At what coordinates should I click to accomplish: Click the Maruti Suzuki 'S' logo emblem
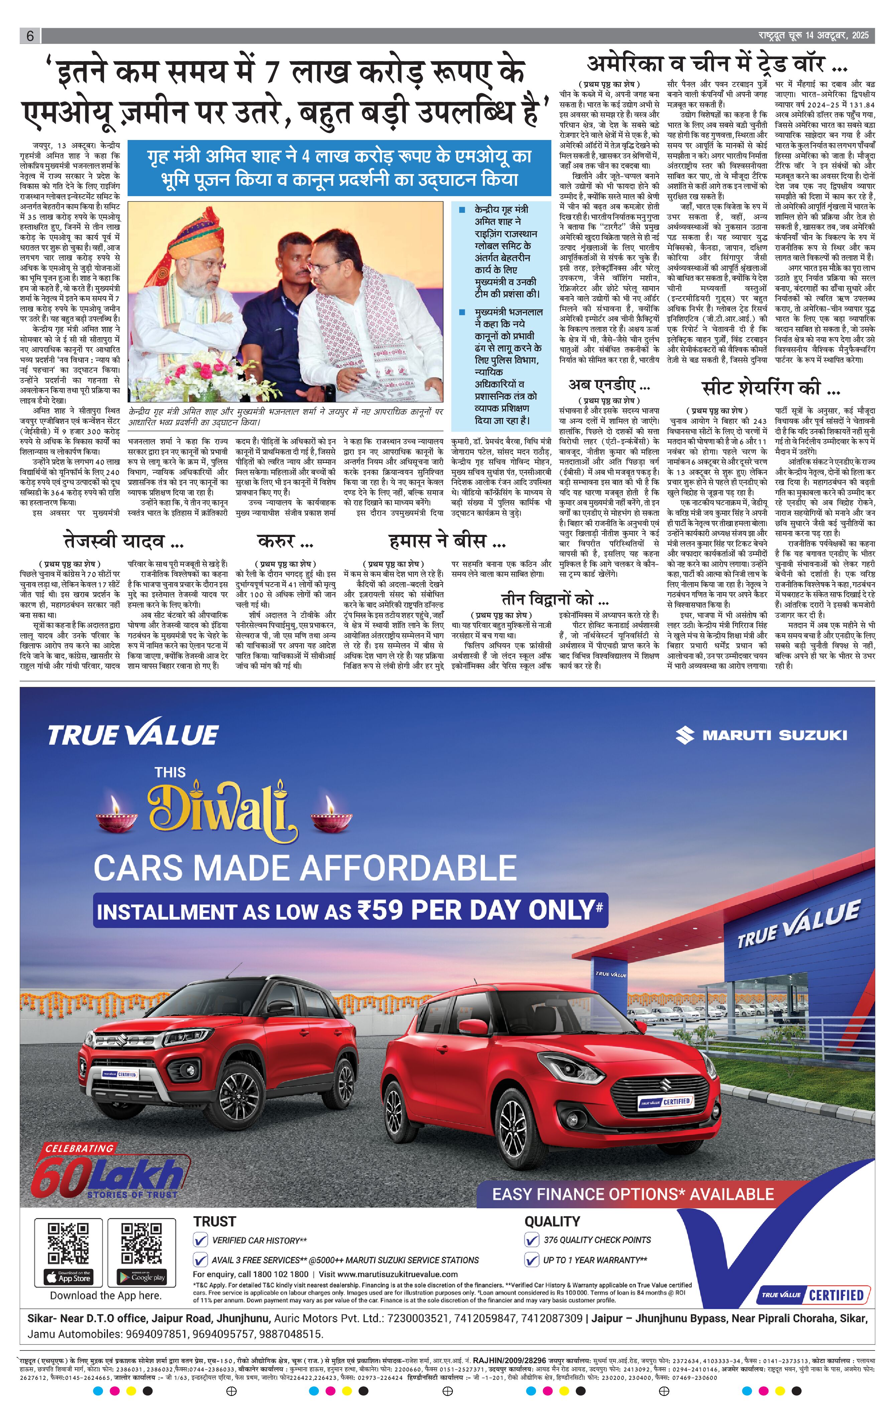click(685, 735)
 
